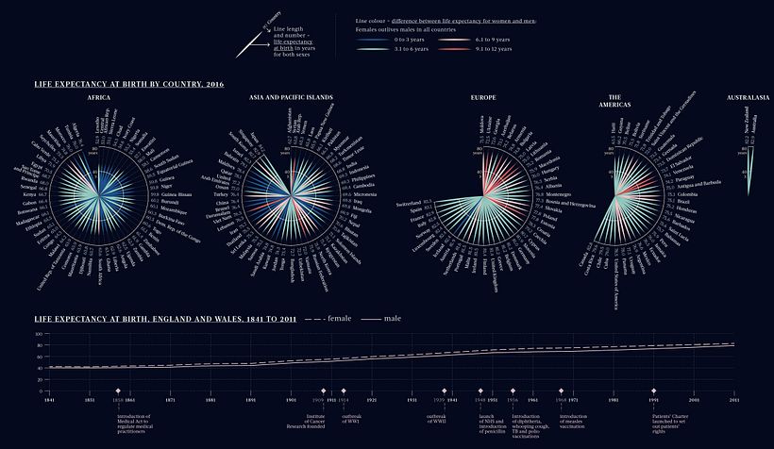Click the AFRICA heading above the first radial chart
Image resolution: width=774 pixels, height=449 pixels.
99,97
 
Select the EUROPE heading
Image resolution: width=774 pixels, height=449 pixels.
483,97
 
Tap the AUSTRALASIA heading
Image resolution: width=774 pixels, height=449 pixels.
748,97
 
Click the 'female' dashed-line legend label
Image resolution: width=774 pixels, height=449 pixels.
337,319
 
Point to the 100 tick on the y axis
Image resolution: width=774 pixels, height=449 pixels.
40,333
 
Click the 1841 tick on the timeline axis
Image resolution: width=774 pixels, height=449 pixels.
49,400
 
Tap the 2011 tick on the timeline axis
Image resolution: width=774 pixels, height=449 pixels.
733,400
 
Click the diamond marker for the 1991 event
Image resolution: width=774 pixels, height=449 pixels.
653,390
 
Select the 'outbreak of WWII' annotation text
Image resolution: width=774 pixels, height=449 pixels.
435,418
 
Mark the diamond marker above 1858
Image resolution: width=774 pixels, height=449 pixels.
118,390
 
